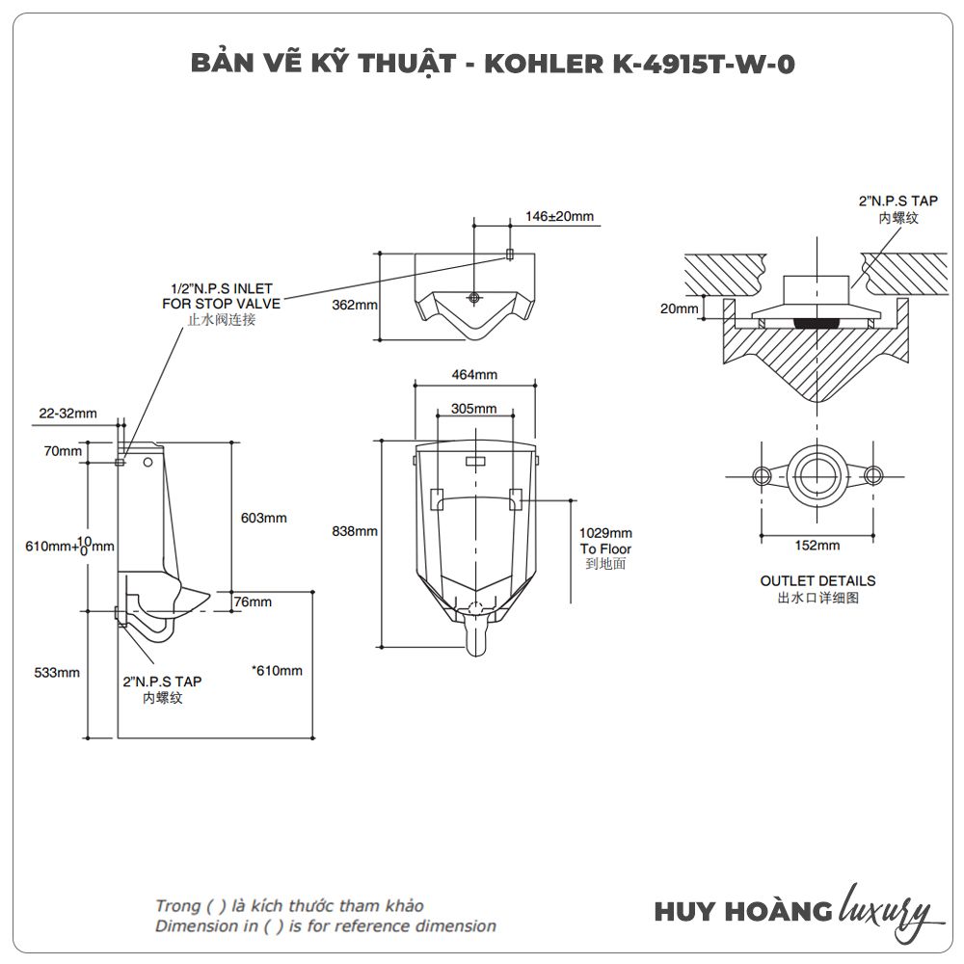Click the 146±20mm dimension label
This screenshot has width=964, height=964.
click(560, 216)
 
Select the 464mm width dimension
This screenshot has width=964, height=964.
click(474, 374)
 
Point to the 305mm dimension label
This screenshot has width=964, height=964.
click(474, 408)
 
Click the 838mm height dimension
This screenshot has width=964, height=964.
click(354, 531)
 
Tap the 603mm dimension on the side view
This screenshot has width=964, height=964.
click(263, 518)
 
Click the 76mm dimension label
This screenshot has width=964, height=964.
click(253, 602)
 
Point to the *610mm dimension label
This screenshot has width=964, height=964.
click(276, 671)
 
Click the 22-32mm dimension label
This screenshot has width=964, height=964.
click(67, 414)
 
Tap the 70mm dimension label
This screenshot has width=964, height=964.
click(63, 451)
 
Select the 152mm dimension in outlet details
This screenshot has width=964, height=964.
click(817, 545)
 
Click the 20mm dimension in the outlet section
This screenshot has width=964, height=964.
click(680, 308)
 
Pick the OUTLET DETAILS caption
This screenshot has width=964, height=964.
click(817, 580)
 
